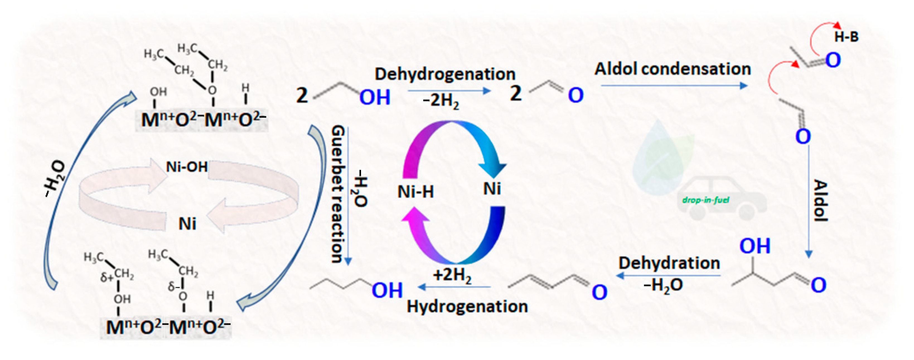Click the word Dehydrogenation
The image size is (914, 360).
click(445, 74)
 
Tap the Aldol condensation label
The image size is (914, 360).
click(673, 69)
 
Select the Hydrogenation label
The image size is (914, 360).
click(467, 307)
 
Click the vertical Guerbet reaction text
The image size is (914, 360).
click(337, 194)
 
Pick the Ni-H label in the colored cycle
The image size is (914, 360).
click(415, 192)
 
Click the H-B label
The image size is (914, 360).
click(846, 37)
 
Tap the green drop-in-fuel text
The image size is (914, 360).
click(706, 200)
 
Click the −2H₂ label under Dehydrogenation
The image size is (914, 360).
click(441, 101)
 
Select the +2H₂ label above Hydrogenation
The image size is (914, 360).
click(452, 275)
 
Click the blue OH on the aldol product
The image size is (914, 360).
click(755, 246)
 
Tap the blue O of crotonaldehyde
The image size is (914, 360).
click(599, 293)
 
